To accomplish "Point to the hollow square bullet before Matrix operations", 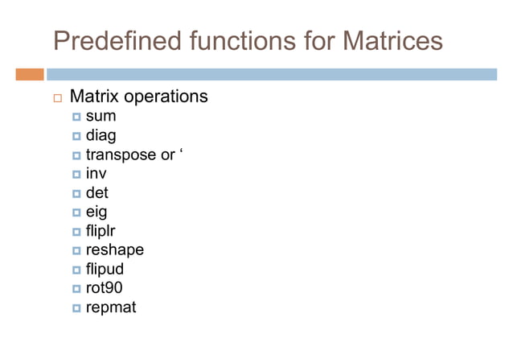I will pos(55,98).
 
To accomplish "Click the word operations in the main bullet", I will pos(165,97).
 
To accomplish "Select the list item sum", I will pos(101,118).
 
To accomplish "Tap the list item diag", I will pos(101,136).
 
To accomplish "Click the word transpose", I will pos(121,155).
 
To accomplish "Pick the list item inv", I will pos(96,174).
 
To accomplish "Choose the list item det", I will pos(96,192).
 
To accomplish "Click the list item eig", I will pos(96,212).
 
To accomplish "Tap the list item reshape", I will pos(114,250).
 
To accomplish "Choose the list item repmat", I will pos(111,307).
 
